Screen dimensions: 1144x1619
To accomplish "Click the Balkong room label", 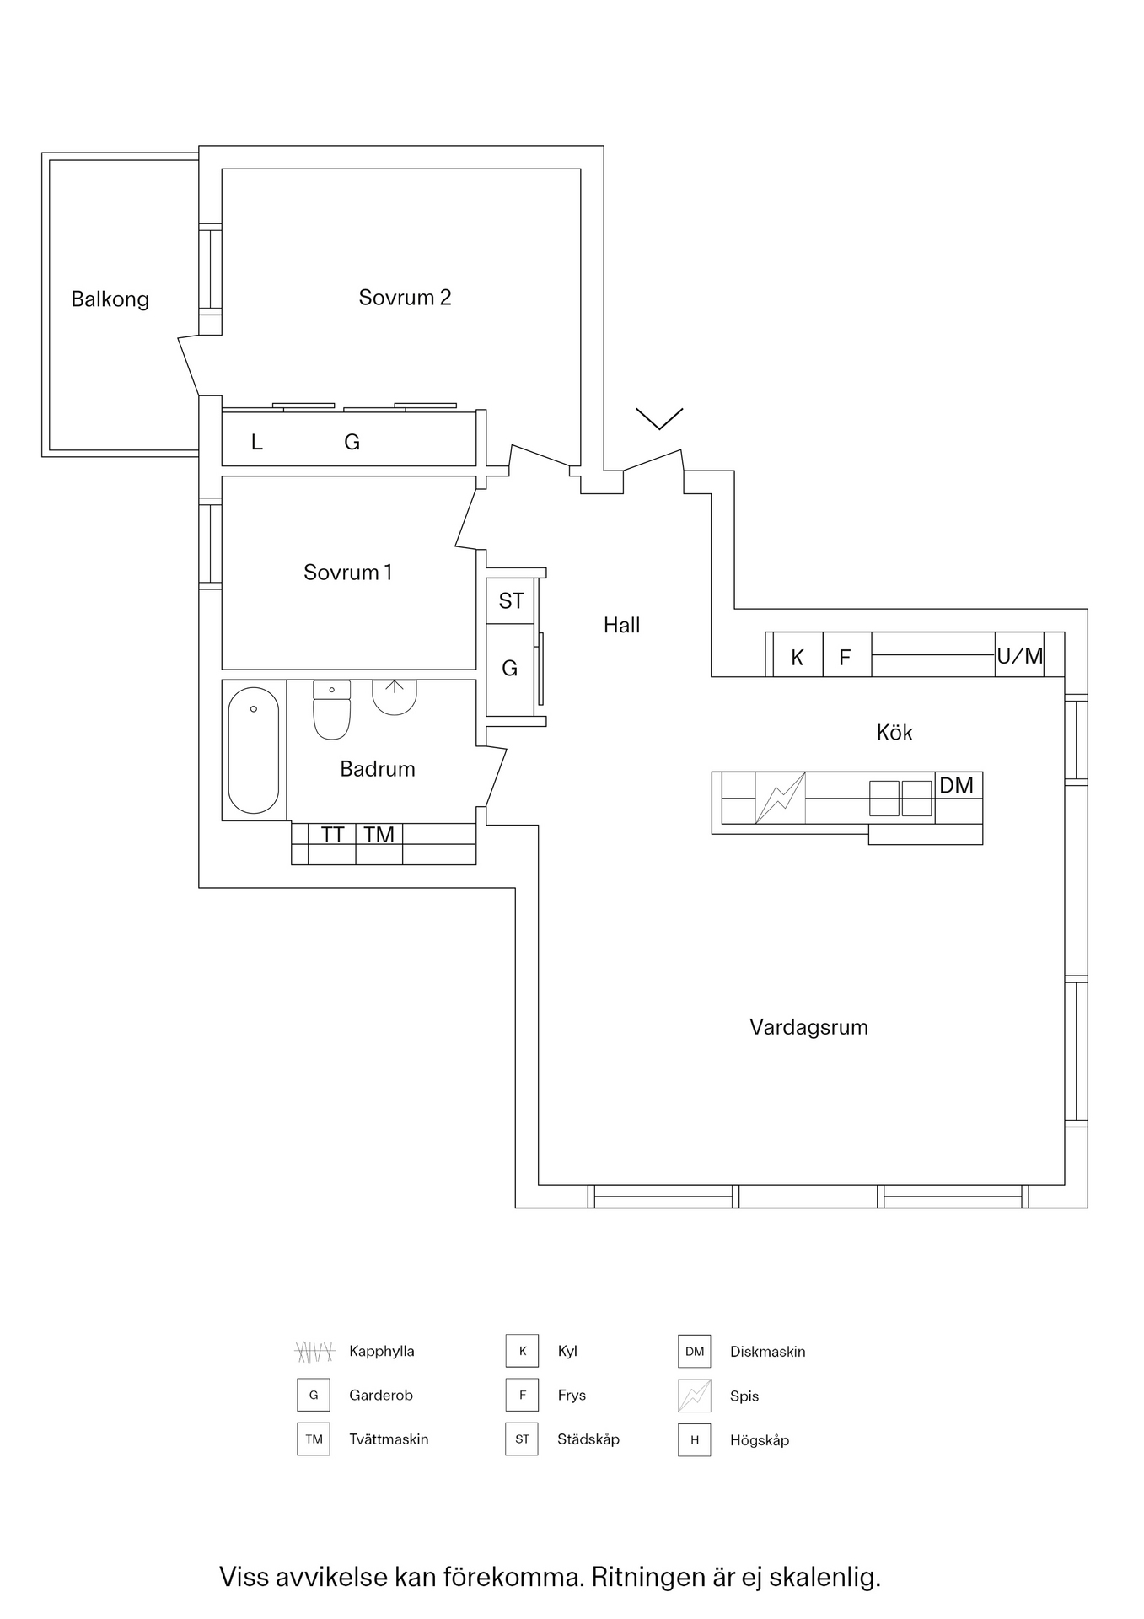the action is pos(110,299).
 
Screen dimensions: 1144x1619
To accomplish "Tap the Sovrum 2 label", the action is pos(405,297).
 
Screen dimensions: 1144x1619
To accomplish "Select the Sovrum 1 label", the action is pos(347,573).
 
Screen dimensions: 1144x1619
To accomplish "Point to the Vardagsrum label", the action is pos(808,1027).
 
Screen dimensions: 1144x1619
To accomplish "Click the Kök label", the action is pos(894,732).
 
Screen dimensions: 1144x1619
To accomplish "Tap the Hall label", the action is pos(621,625).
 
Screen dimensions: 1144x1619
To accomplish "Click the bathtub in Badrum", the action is pos(254,750).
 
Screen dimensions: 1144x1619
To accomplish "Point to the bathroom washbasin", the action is pos(395,697).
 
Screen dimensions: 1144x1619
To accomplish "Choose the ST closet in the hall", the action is pos(510,600).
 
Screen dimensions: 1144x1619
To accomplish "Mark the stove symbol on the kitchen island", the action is pos(781,798).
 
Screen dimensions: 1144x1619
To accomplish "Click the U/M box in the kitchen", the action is pos(1020,654).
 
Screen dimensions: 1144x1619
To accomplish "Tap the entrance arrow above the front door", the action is pos(659,419).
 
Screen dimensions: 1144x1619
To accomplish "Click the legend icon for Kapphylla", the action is pos(314,1352).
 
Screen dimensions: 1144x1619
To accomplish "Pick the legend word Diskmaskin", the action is pos(768,1352).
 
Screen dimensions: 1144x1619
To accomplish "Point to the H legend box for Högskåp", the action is pos(695,1440).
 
